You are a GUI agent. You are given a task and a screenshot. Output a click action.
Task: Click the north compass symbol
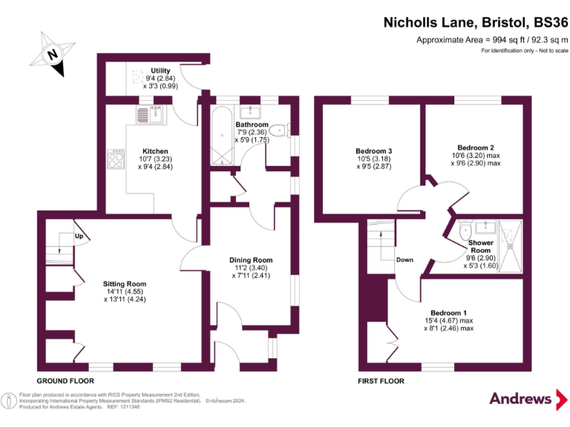[x=52, y=54]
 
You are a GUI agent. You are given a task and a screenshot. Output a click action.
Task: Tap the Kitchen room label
[x=155, y=151]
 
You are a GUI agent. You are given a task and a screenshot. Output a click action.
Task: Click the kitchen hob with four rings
[x=117, y=159]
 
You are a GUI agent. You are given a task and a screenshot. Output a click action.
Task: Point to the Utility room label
[x=161, y=71]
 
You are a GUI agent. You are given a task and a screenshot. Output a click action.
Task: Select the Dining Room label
[x=252, y=260]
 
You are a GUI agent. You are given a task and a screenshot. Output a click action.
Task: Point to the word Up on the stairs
[x=79, y=236]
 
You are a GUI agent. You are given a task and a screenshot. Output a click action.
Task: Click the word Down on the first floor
[x=404, y=259]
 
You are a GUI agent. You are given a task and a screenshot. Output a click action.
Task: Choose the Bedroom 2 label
[x=476, y=148]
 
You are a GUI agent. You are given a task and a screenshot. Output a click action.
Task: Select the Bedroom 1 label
[x=448, y=314]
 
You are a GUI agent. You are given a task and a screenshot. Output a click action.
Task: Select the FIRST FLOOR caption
[x=381, y=380]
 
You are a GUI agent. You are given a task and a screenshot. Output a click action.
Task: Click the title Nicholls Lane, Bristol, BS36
[x=475, y=23]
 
